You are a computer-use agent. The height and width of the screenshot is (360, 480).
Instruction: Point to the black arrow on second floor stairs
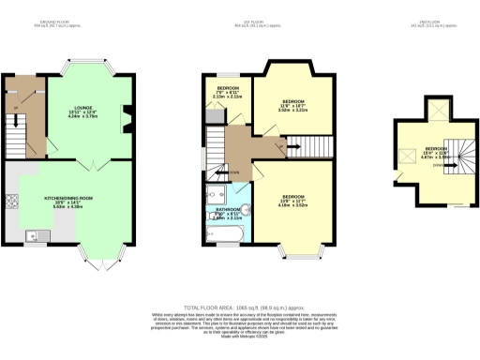coord(433,160)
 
